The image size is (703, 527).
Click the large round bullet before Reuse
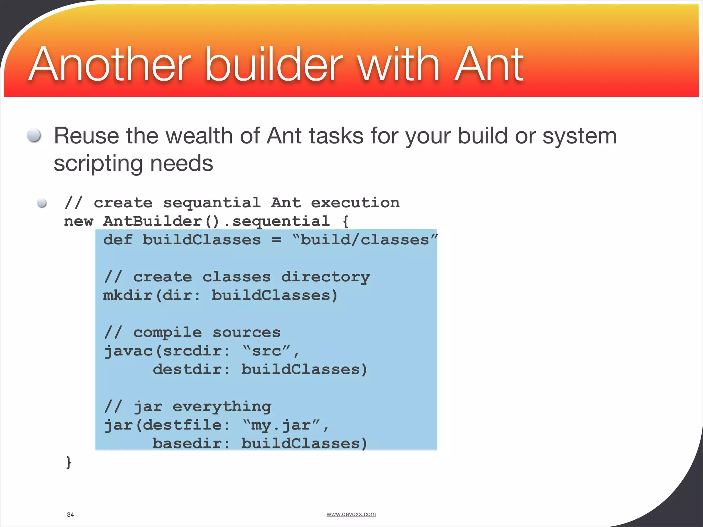(34, 135)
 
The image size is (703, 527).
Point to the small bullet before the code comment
(42, 203)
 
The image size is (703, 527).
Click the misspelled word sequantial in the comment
(212, 203)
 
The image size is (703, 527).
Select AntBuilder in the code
(152, 221)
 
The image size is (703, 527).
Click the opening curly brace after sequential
(345, 221)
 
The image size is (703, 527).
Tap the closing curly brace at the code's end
(69, 462)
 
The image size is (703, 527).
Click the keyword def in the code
(118, 240)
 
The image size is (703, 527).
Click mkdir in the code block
(128, 295)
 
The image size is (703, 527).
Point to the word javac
(128, 351)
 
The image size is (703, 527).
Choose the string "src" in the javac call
(267, 351)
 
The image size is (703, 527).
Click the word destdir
(187, 370)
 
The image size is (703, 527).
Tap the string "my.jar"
(281, 425)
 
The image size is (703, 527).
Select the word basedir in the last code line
(187, 444)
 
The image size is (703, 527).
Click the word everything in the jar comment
(222, 407)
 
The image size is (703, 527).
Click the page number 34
(70, 514)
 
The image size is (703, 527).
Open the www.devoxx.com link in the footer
(351, 514)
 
